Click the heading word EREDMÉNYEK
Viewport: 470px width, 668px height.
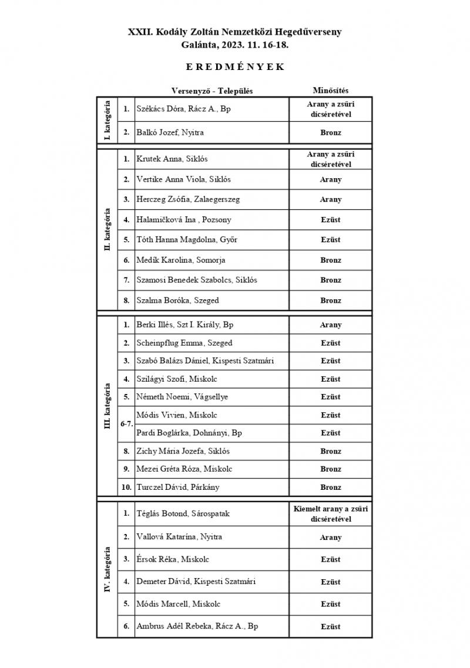click(x=235, y=67)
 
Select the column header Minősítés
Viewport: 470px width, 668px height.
click(x=330, y=91)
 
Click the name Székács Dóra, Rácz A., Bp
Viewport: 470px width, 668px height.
click(x=183, y=109)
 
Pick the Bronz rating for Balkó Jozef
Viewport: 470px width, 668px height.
click(x=330, y=133)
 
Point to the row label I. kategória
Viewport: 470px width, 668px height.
click(x=107, y=121)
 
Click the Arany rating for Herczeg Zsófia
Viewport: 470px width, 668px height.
click(x=330, y=199)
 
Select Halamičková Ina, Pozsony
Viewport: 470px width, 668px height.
click(x=184, y=219)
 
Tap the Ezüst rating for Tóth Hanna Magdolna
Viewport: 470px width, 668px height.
click(x=330, y=240)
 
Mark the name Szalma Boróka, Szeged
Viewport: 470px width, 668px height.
click(x=177, y=300)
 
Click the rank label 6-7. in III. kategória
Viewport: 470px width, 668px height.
click(x=126, y=424)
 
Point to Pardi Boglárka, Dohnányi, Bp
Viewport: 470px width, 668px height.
click(x=189, y=433)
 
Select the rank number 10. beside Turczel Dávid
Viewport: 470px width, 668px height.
click(x=126, y=487)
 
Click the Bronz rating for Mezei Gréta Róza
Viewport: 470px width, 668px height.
click(x=330, y=469)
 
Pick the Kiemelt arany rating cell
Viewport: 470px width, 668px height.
click(x=330, y=513)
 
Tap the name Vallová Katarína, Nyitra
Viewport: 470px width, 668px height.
click(x=179, y=537)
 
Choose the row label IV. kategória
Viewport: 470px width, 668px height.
click(x=107, y=570)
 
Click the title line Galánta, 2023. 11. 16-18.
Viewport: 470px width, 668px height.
click(x=235, y=44)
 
